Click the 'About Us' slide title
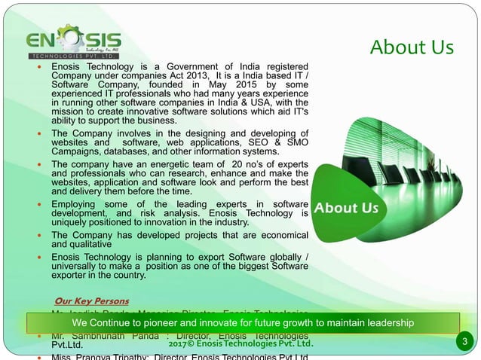point(412,47)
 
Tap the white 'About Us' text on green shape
point(346,207)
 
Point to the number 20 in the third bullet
point(239,165)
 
